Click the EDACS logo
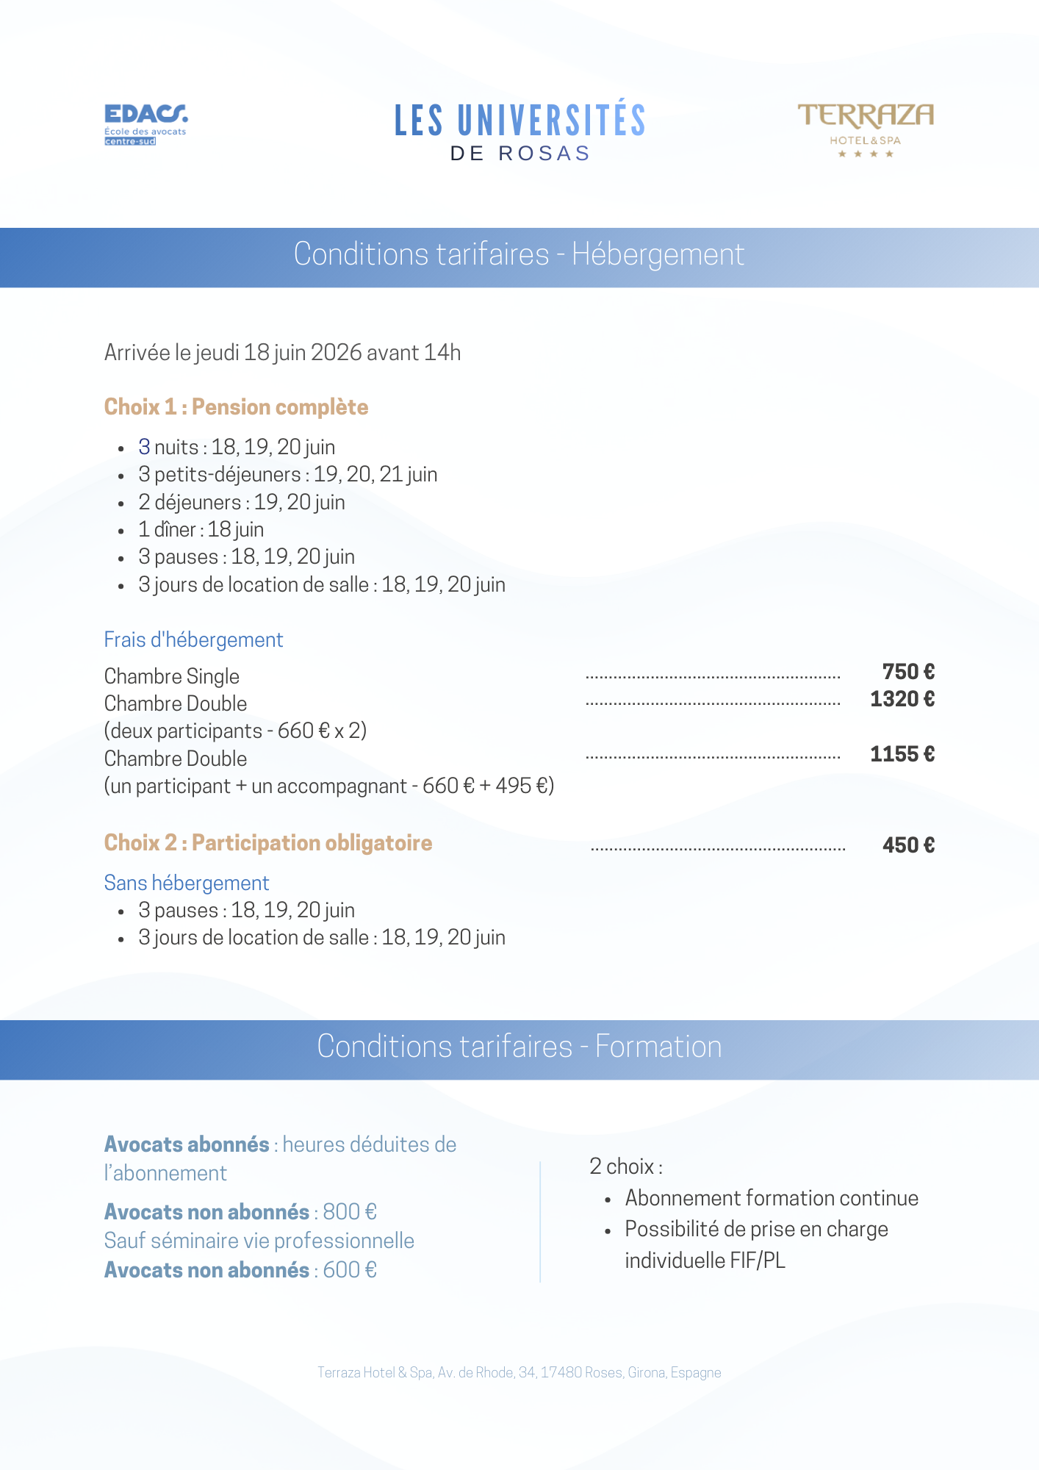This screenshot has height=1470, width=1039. [145, 123]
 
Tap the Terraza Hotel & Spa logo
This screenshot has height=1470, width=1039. [866, 129]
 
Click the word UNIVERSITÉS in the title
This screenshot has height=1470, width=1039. [551, 121]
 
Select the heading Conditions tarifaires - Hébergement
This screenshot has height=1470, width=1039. [519, 255]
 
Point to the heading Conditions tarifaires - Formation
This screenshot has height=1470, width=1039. [519, 1047]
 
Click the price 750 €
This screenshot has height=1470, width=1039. [908, 672]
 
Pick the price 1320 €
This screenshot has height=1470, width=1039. [902, 699]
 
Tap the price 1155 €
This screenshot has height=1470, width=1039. [902, 754]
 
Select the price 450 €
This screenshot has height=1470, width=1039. [908, 845]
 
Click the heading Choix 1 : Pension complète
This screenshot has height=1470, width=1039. [236, 407]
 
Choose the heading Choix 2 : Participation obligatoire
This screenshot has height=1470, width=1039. [267, 843]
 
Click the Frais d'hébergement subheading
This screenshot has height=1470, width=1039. [193, 640]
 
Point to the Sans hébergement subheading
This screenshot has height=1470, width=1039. [187, 883]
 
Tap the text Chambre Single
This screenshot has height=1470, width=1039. [172, 676]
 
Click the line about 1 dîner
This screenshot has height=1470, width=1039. [201, 530]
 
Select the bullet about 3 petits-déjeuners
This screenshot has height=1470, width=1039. [287, 475]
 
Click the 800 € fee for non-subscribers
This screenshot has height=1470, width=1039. [350, 1212]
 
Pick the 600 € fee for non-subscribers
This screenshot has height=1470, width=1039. [350, 1270]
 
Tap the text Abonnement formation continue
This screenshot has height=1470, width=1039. [772, 1199]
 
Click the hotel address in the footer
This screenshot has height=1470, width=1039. [519, 1372]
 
